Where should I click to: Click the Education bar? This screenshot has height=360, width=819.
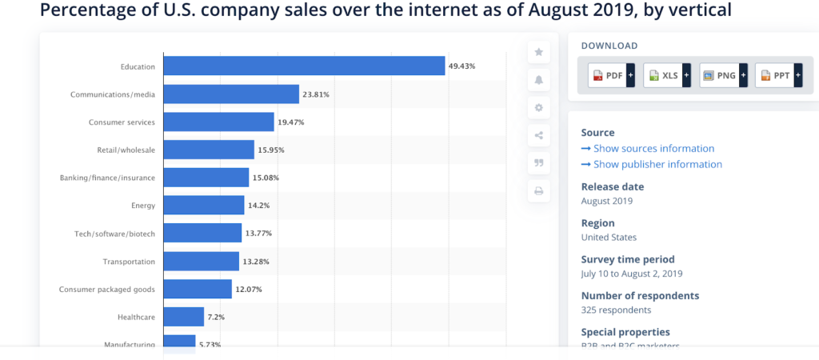coord(304,66)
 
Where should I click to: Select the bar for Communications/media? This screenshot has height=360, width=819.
coord(231,94)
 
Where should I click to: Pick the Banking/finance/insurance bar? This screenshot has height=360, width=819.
coord(206,178)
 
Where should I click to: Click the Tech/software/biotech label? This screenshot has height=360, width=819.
coord(113,234)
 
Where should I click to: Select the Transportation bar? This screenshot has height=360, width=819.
coord(201,261)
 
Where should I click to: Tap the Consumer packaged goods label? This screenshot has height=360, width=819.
coord(107,289)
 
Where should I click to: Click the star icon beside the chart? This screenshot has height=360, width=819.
coord(538,52)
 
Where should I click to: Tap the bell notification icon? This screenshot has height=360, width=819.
coord(538,80)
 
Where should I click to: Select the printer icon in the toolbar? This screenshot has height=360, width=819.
coord(538,191)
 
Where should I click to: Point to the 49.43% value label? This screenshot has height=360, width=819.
coord(462,66)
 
